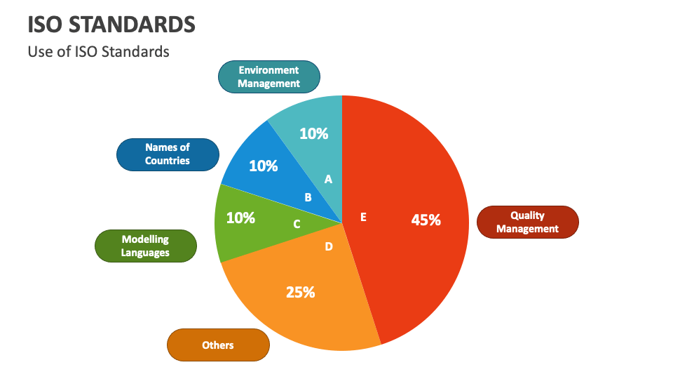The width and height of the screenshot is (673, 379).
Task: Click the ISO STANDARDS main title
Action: [x=111, y=24]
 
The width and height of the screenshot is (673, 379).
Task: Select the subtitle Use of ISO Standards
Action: [x=98, y=51]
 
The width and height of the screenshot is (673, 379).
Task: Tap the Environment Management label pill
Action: [x=268, y=77]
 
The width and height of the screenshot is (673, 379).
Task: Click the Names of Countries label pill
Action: [x=167, y=154]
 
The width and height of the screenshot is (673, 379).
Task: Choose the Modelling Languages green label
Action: [x=145, y=246]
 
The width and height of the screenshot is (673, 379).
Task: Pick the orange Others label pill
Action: [x=217, y=345]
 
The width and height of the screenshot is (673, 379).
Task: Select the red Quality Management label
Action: [x=527, y=222]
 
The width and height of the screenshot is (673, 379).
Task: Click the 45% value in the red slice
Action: [x=426, y=220]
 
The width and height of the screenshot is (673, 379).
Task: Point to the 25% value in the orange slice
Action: [x=300, y=292]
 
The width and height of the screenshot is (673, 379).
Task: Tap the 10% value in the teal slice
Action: [x=313, y=133]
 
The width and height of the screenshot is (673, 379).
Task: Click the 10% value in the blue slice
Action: [x=264, y=166]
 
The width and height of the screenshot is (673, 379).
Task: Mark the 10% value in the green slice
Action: [x=240, y=218]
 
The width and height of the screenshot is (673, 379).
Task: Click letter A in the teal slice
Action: [x=328, y=180]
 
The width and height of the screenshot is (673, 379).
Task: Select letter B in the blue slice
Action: [x=308, y=198]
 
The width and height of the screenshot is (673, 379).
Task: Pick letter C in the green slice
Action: [x=297, y=224]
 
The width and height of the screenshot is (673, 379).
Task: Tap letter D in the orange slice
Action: [x=329, y=246]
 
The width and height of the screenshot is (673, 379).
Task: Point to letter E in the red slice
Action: [x=363, y=217]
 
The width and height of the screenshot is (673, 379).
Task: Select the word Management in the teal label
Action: [x=268, y=84]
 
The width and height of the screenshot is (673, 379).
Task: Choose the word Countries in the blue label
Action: [x=167, y=161]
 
